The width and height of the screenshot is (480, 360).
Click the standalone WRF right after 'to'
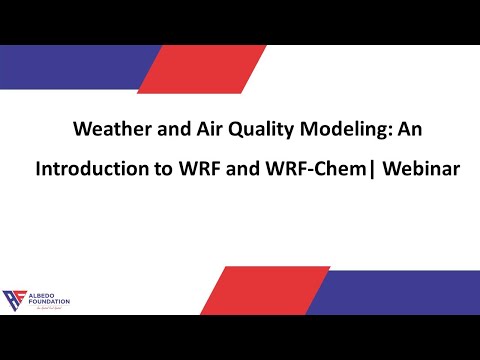(x=198, y=169)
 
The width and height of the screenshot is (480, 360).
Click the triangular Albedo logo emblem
(x=15, y=299)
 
